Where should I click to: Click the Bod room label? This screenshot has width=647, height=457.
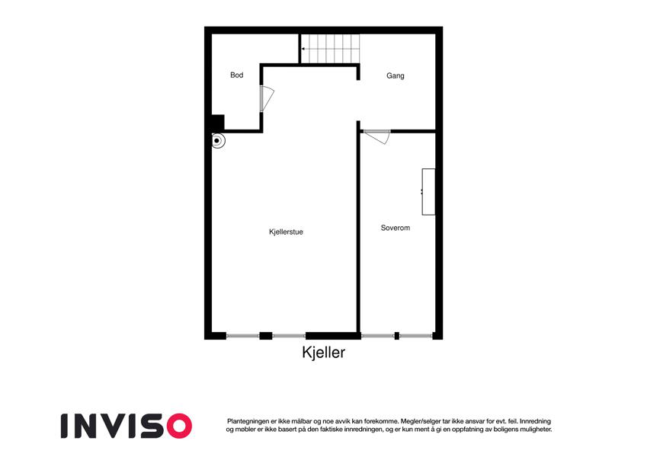point(236,75)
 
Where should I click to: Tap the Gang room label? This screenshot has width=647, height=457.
point(396,76)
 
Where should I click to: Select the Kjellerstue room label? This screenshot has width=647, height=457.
point(286,232)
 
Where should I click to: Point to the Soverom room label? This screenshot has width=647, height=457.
point(396,228)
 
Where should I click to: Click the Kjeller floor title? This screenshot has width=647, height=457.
point(323,353)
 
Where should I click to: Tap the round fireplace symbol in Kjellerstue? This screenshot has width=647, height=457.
point(217,141)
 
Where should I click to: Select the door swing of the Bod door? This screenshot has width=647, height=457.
point(267,98)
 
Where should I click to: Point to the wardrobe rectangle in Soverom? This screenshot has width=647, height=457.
point(428,192)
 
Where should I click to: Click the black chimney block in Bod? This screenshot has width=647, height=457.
point(218,123)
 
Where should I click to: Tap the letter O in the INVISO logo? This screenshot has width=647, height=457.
point(179,426)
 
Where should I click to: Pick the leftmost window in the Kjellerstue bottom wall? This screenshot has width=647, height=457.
point(242,336)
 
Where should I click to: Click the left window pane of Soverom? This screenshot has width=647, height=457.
point(377,336)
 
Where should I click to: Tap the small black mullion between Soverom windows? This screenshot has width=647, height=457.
point(397,336)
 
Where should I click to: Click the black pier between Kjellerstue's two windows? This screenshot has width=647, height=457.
point(266,336)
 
